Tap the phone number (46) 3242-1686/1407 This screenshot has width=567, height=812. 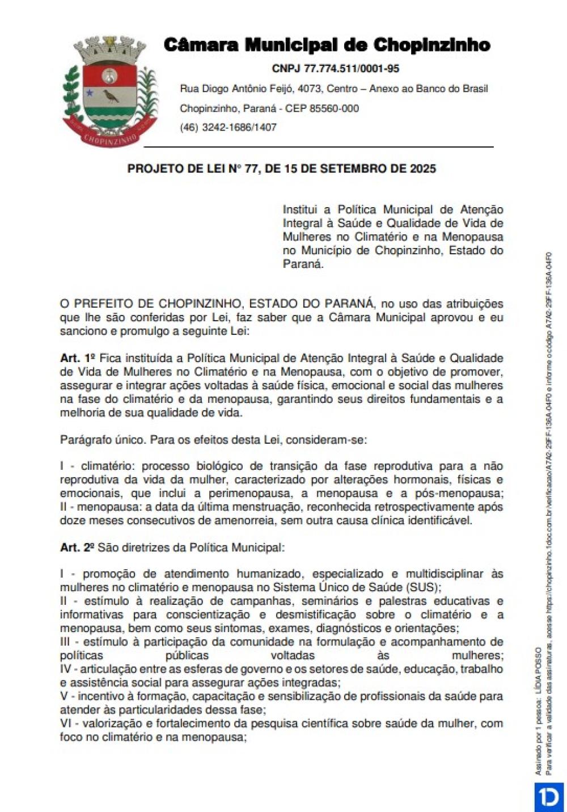[228, 127]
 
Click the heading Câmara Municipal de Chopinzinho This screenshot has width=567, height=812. [327, 45]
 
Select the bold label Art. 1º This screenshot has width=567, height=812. [78, 358]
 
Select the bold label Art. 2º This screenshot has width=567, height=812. [78, 548]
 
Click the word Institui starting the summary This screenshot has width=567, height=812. [299, 209]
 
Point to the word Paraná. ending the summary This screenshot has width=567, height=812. [303, 264]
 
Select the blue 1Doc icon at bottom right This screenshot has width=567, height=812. [548, 797]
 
